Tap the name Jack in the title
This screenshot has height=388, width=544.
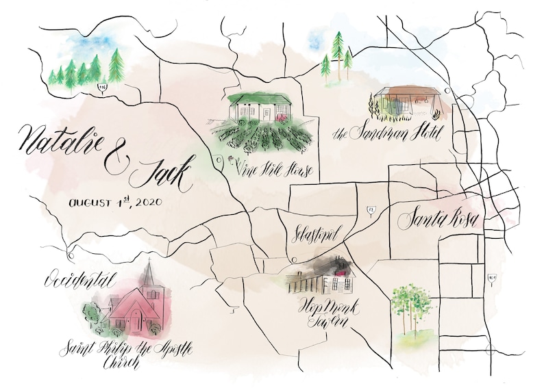click(162, 175)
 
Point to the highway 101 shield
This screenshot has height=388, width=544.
click(491, 279)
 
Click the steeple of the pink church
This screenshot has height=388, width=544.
click(148, 274)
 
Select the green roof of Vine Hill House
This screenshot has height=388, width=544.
click(260, 99)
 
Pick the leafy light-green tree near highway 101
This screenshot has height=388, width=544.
click(411, 305)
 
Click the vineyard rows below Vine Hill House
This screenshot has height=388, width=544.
click(264, 137)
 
